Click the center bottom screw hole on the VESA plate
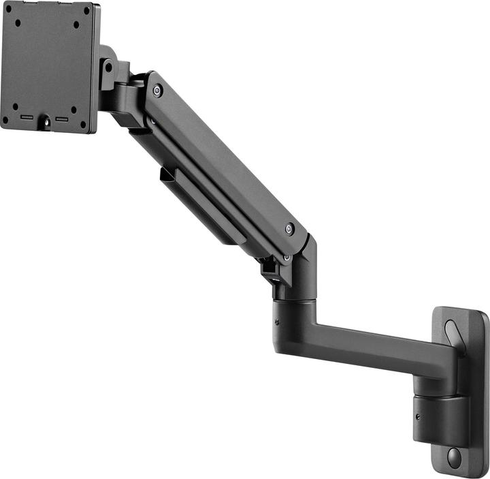click(46, 121)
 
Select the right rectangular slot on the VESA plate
click(63, 119)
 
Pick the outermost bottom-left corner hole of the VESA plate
click(5, 119)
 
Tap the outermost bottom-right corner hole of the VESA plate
click(84, 125)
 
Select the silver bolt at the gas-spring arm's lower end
click(290, 229)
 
